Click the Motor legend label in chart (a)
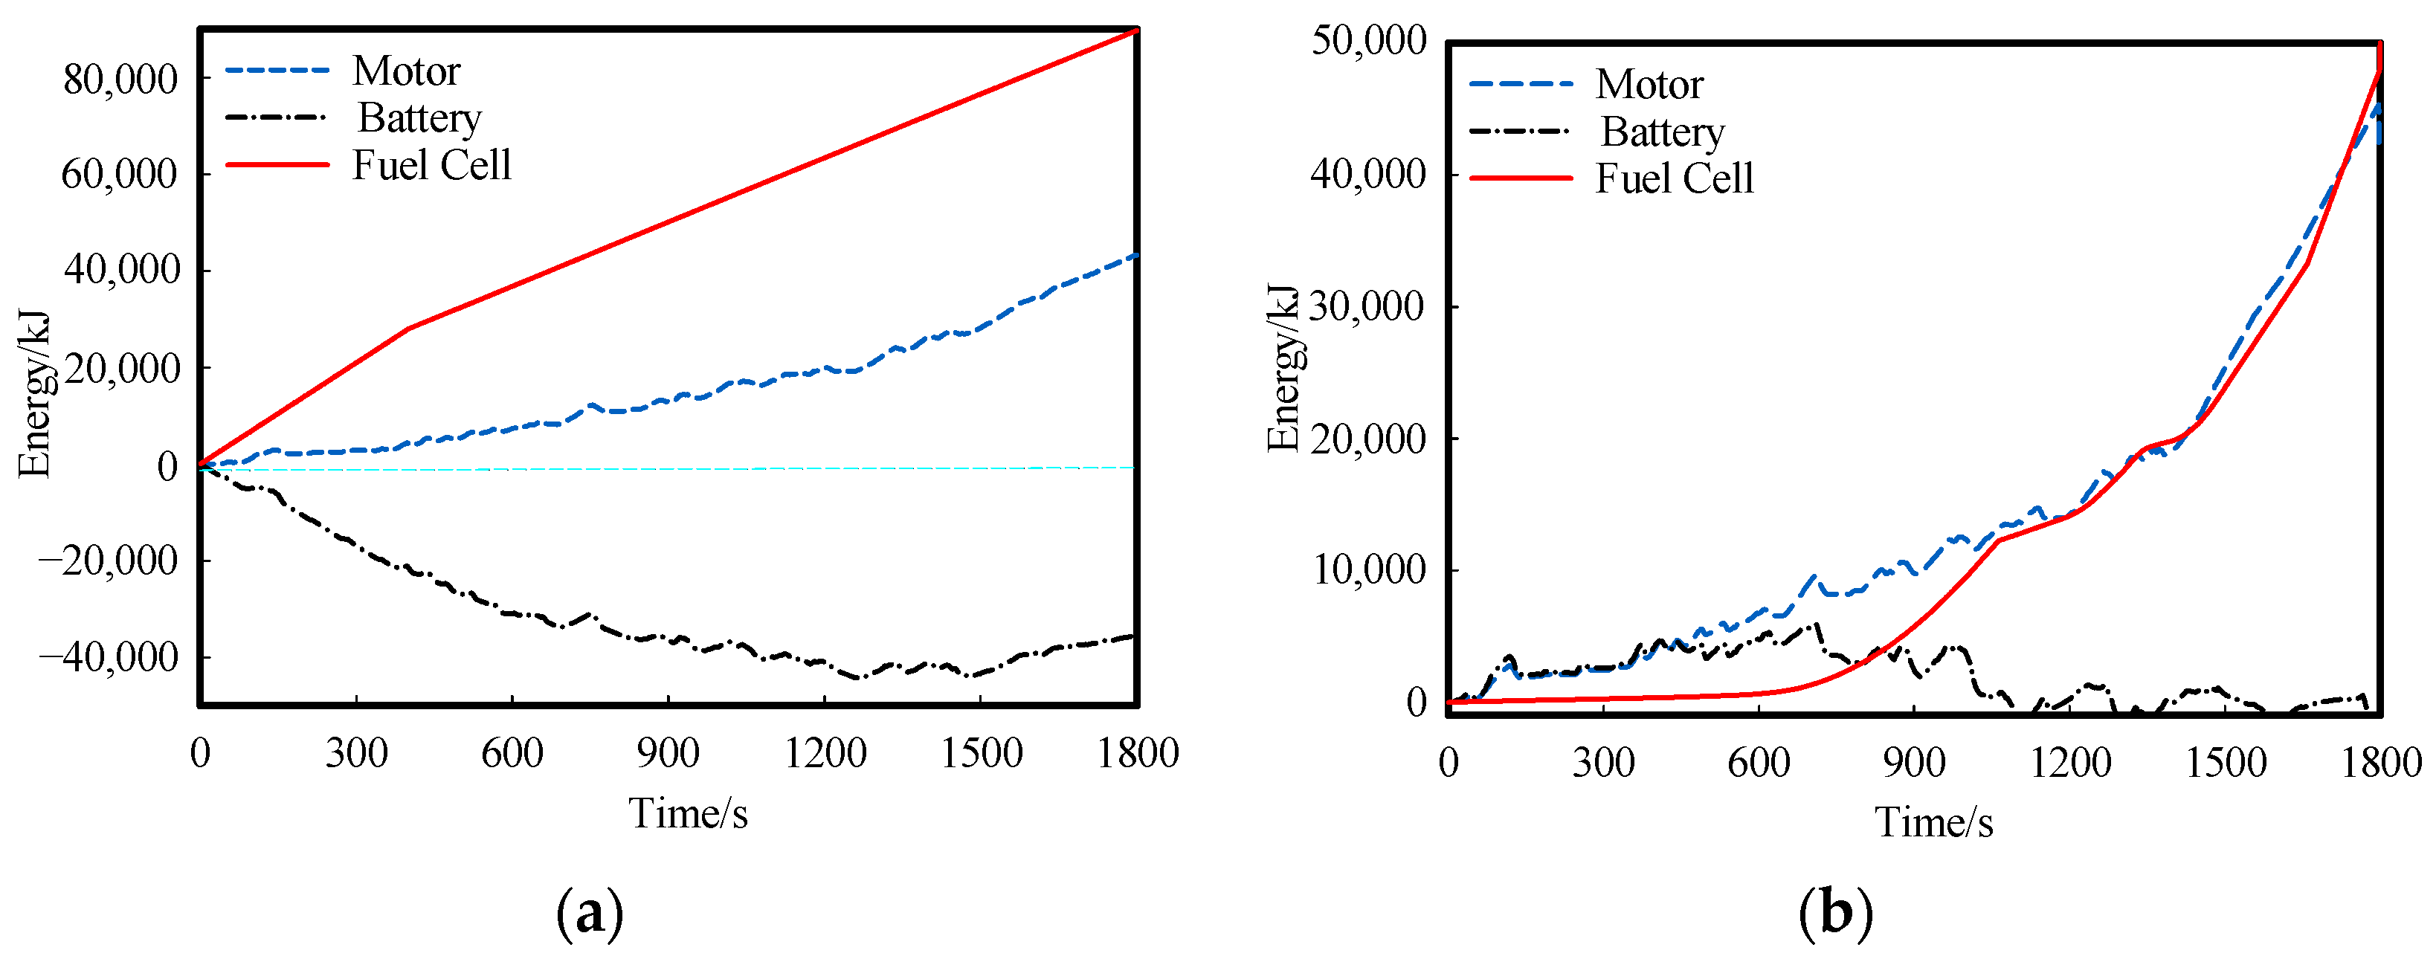(406, 71)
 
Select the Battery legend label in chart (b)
(1661, 132)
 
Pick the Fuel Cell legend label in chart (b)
(1674, 178)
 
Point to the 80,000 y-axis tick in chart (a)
(120, 80)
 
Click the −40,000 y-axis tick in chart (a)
(108, 656)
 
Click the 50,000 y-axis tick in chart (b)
(1367, 41)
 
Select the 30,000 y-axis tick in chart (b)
(1367, 306)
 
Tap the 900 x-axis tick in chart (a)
(668, 754)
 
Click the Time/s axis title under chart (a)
(688, 813)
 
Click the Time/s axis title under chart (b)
(1934, 822)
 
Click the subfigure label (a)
(590, 914)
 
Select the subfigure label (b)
(1835, 914)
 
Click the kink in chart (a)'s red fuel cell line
(407, 328)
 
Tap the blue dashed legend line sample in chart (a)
(277, 71)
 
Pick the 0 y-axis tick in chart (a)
(167, 465)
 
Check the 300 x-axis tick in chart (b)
(1603, 762)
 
